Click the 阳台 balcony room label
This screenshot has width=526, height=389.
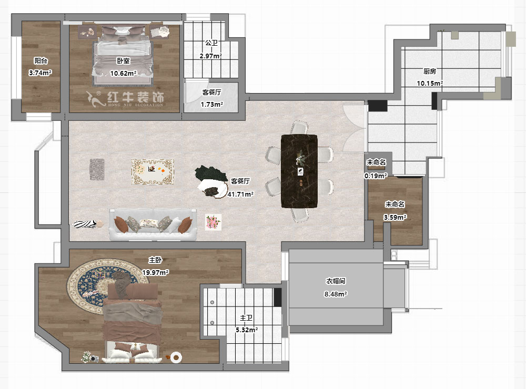(x=41, y=60)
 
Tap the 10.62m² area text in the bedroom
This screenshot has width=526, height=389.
(x=123, y=73)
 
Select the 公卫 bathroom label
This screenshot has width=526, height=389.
(x=211, y=43)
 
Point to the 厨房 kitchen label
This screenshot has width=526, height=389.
(x=430, y=71)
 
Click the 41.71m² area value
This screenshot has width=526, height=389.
(x=240, y=194)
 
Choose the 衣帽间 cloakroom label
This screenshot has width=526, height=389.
(x=336, y=281)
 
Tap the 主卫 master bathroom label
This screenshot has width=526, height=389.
(x=246, y=317)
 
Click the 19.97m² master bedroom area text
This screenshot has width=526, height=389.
(x=155, y=273)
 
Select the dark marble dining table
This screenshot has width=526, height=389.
(x=299, y=171)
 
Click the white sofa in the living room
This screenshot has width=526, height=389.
(x=153, y=224)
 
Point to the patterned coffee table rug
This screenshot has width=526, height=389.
(x=153, y=172)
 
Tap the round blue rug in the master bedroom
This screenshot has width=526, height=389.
(x=104, y=286)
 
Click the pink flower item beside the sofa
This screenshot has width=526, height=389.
(x=214, y=222)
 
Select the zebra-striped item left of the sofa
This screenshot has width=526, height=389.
(x=84, y=224)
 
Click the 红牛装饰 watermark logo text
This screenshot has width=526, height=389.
(x=135, y=97)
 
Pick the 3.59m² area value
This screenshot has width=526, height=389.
(x=395, y=217)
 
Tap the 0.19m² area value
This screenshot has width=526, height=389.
(x=376, y=176)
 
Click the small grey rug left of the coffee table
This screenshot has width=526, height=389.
(x=97, y=169)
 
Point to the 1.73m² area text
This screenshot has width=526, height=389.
(x=212, y=105)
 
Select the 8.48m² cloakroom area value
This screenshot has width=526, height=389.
(x=336, y=294)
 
